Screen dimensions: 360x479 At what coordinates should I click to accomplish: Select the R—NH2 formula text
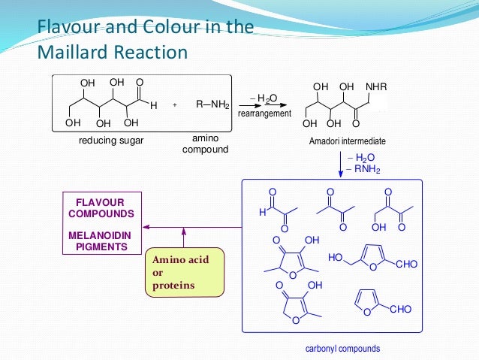pos(212,105)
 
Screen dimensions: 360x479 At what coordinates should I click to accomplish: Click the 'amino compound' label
pos(205,145)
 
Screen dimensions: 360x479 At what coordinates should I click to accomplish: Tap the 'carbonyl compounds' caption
pos(342,349)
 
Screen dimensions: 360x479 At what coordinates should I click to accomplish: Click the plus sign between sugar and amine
pos(174,106)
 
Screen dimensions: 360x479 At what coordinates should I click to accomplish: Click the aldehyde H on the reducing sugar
pos(153,106)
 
